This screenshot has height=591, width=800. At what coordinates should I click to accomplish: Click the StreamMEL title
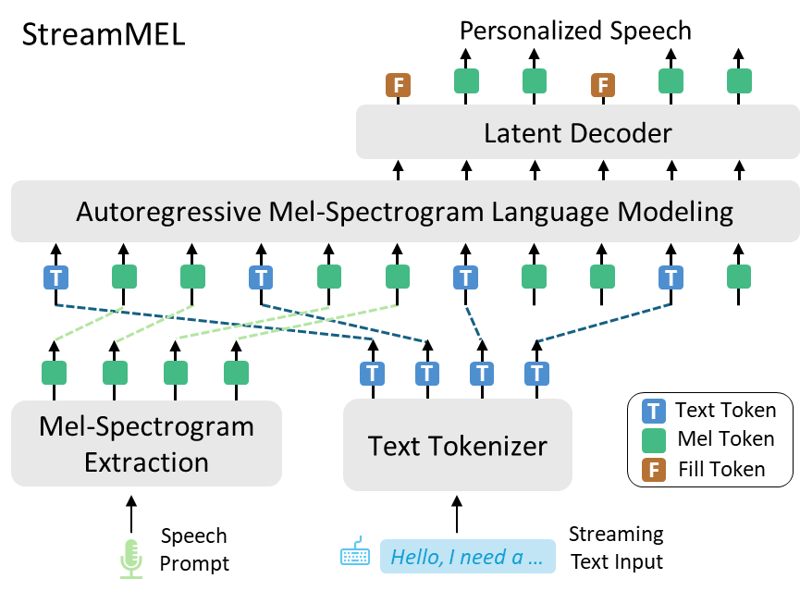tap(104, 35)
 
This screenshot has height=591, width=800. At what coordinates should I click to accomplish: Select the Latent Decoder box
tap(577, 132)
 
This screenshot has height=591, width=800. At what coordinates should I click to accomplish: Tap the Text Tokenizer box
tap(458, 445)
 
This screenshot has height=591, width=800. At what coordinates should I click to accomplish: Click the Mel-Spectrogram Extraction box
tap(146, 444)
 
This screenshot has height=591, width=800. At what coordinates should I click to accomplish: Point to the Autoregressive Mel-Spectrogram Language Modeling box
tap(405, 211)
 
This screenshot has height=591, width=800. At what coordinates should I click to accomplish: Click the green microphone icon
tap(131, 560)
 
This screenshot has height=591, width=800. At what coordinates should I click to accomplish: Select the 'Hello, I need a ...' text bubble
tap(468, 556)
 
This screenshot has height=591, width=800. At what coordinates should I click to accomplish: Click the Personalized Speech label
tap(575, 31)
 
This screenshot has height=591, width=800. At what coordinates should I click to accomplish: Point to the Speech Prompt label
tap(194, 549)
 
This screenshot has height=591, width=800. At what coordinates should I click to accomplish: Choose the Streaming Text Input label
tap(616, 548)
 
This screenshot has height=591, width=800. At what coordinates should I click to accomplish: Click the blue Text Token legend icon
tap(654, 412)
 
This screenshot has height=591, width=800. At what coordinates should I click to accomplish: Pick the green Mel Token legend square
tap(654, 440)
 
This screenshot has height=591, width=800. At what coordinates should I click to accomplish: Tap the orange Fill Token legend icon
tap(654, 470)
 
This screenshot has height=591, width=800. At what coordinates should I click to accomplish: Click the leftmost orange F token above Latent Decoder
tap(398, 85)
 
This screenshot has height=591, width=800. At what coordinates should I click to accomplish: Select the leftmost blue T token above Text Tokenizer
tap(373, 373)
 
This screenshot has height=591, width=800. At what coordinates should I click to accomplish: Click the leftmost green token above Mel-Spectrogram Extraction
tap(54, 373)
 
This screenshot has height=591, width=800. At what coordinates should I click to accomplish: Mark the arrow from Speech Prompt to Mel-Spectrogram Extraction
tap(131, 514)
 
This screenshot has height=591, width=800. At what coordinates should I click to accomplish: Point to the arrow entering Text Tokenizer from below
tap(457, 514)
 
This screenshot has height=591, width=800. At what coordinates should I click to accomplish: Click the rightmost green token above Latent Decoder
tap(739, 81)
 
